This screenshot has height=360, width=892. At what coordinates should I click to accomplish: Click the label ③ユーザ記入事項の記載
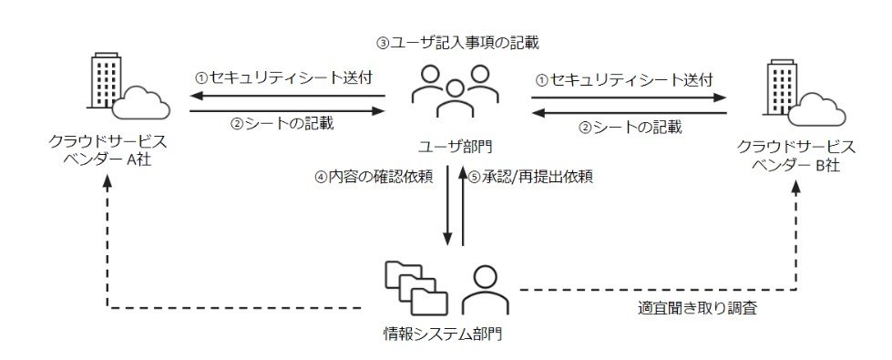tap(458, 43)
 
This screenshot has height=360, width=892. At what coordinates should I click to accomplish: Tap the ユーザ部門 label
tap(454, 147)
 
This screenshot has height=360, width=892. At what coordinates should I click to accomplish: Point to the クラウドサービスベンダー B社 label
tap(795, 155)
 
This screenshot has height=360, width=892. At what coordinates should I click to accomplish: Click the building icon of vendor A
tap(107, 80)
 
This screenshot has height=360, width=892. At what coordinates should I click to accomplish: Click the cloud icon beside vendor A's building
tap(141, 103)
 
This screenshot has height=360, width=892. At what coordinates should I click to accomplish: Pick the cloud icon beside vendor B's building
tap(817, 108)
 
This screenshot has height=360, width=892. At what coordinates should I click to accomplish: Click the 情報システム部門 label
tap(443, 334)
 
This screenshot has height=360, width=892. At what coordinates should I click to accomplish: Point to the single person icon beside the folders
tap(486, 290)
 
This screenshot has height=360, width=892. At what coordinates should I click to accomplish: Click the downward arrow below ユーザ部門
tap(448, 205)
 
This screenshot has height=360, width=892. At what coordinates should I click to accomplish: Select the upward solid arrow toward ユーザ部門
tap(463, 205)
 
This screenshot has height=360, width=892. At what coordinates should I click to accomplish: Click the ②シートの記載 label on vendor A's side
tap(282, 123)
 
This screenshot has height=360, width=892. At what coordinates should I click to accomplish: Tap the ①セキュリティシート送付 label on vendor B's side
tap(625, 79)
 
